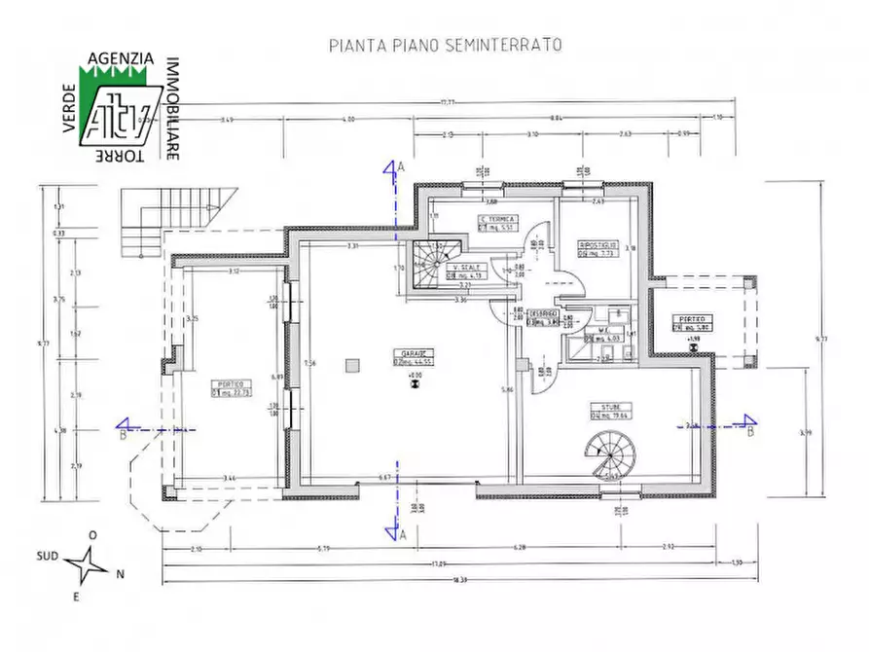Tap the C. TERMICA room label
point(497,220)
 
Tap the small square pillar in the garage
point(351,366)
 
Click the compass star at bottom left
point(92,563)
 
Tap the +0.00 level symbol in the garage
point(415,380)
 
